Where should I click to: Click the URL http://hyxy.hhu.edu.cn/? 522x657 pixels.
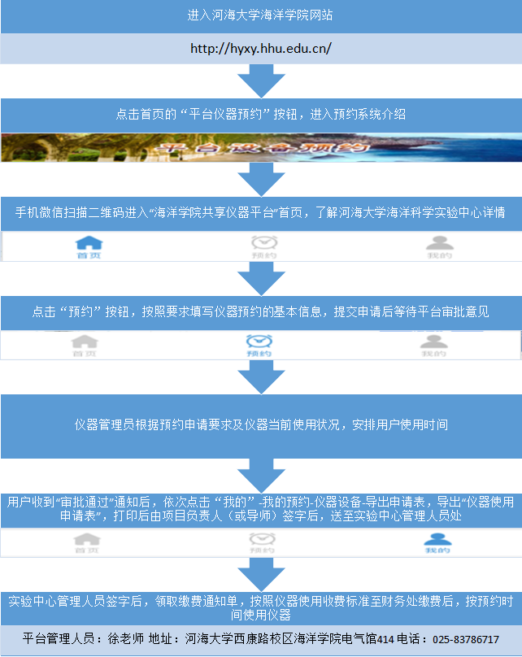[260, 49]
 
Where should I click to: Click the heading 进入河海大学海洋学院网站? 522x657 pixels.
[260, 15]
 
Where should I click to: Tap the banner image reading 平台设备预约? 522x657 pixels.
[260, 148]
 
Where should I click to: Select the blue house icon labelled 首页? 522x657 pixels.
[89, 245]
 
